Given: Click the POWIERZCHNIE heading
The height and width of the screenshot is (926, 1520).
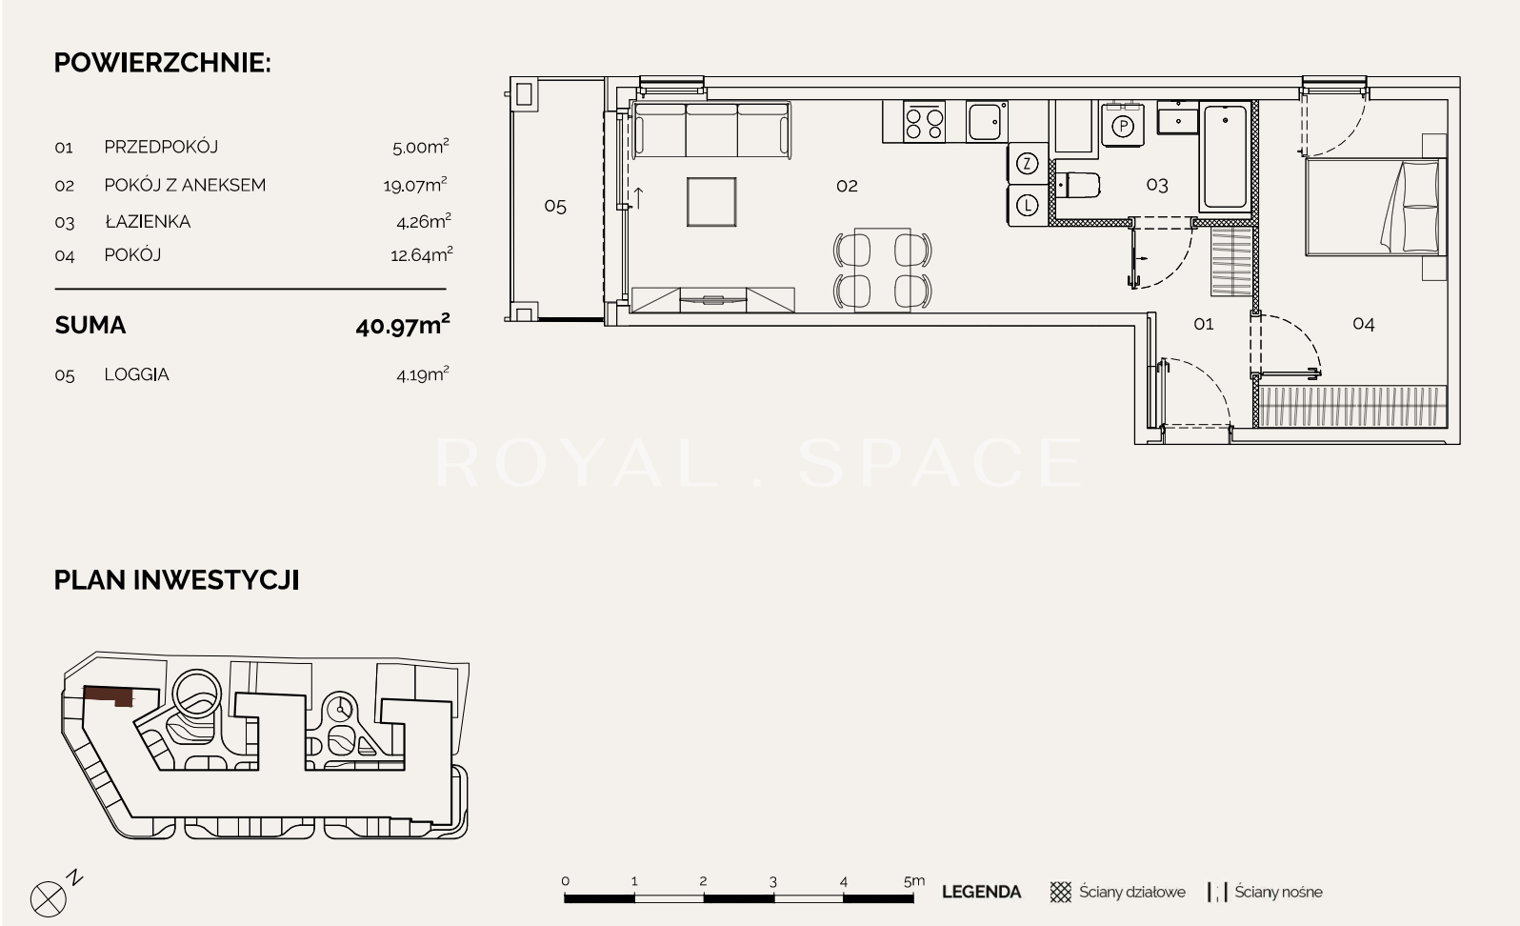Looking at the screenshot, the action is (162, 63).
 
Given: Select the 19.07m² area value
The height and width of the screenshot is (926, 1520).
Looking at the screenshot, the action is (415, 184).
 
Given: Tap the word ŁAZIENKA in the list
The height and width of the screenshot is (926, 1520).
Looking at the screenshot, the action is (148, 221).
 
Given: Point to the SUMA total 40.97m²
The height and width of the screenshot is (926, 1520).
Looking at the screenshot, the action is (403, 325).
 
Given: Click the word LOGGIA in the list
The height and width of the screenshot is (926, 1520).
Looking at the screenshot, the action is (136, 374).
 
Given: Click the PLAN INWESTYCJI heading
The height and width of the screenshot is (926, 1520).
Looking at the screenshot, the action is (176, 580).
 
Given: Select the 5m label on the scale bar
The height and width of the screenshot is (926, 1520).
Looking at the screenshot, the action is (914, 881).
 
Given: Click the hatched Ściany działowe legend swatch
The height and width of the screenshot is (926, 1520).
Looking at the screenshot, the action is (1061, 892).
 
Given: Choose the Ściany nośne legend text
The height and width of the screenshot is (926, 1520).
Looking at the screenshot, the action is (1278, 892).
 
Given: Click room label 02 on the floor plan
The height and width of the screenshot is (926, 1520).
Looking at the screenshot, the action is (847, 186).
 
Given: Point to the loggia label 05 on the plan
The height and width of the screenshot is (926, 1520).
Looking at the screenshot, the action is (555, 207).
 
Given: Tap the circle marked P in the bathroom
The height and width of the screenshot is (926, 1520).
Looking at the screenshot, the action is (1123, 127).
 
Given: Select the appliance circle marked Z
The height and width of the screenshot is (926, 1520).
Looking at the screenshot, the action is (1028, 164).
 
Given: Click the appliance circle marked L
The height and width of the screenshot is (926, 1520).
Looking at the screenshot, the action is (1028, 205).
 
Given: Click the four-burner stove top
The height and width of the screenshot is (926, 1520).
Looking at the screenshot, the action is (924, 122).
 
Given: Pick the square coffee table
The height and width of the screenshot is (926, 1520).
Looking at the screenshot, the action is (711, 202).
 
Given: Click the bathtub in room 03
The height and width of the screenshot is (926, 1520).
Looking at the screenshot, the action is (1226, 156).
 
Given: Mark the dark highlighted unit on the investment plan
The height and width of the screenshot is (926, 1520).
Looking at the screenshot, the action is (109, 695).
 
